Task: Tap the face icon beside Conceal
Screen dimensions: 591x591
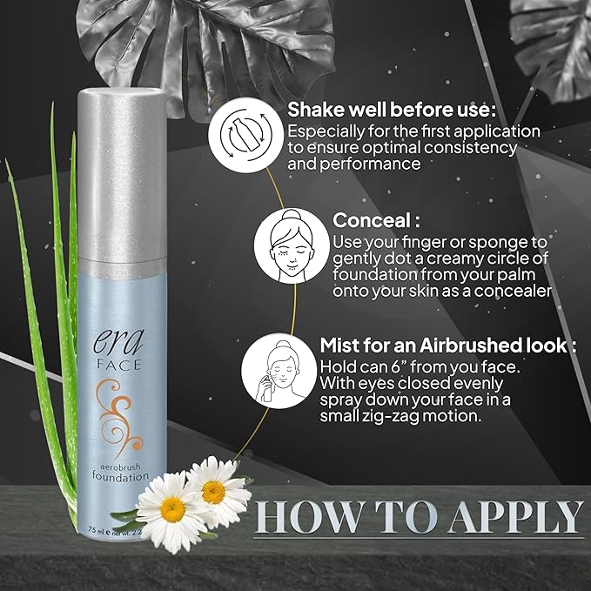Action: tap(289, 250)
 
